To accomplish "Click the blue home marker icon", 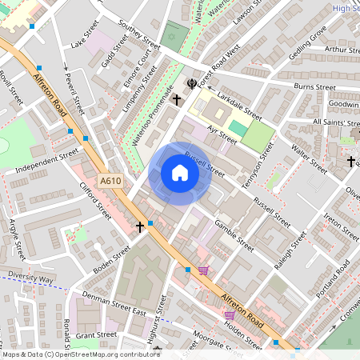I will coord(180,173).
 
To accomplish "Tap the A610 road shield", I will coord(111,182).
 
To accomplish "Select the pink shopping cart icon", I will coord(203,271).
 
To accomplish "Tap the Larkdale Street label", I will coord(238,105).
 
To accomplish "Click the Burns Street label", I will coord(314,86).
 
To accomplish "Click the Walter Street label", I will coord(309,159).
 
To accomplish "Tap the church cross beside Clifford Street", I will coord(140,226).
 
